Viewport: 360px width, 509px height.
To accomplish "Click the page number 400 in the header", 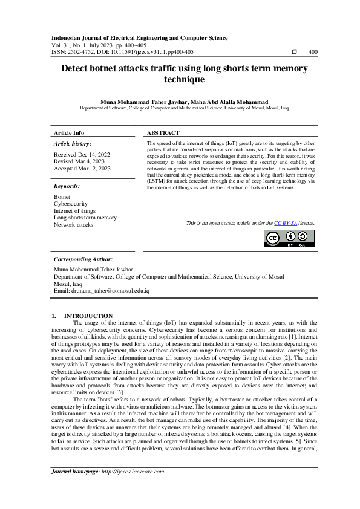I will tap(313, 52).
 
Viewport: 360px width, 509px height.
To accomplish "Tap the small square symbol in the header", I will tap(294, 52).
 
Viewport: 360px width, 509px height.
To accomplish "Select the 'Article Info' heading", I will tap(69, 132).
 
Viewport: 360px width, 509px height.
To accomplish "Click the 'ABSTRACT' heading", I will tap(163, 132).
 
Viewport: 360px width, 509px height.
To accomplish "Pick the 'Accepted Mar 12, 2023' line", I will tap(82, 169).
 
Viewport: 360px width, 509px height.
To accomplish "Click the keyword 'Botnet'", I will tap(62, 197).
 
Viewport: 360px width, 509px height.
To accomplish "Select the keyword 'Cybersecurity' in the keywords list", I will tap(71, 204).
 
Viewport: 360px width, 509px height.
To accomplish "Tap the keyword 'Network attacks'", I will tap(73, 224).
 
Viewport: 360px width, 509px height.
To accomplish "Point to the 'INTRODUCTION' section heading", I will tap(88, 316).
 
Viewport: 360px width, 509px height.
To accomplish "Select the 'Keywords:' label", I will tap(67, 187).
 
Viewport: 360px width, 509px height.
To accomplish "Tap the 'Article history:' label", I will tap(73, 144).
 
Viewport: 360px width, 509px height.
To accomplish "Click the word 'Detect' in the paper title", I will tap(77, 69).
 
